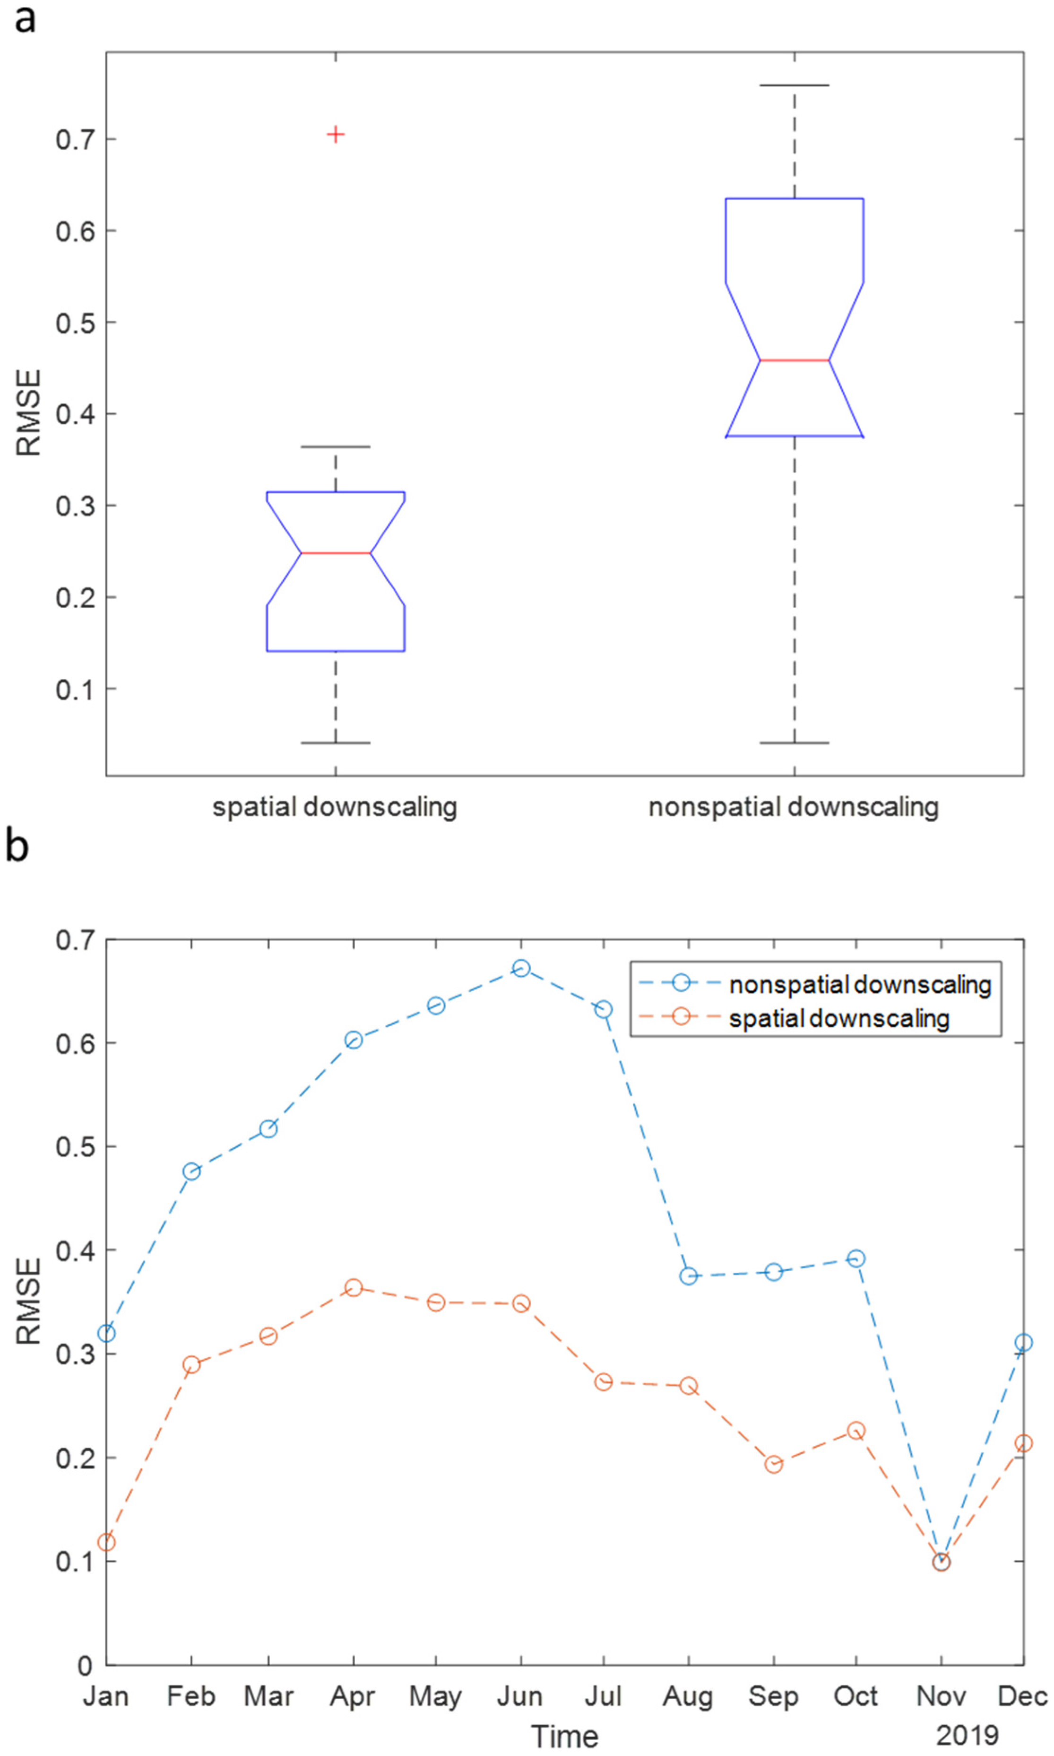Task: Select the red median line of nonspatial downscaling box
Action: (x=794, y=360)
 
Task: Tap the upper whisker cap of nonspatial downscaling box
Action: (x=794, y=85)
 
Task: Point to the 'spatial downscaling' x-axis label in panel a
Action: (x=335, y=807)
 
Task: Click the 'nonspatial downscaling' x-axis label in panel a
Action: (x=794, y=807)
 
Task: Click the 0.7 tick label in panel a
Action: (x=75, y=140)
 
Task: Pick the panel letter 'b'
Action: (x=17, y=847)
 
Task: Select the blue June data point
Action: (x=521, y=968)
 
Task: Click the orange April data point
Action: (x=354, y=1288)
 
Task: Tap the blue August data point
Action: (x=688, y=1276)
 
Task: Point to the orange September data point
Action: (x=773, y=1464)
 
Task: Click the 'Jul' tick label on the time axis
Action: (x=603, y=1696)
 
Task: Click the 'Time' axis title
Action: (x=565, y=1736)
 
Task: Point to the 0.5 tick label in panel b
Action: (x=75, y=1147)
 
